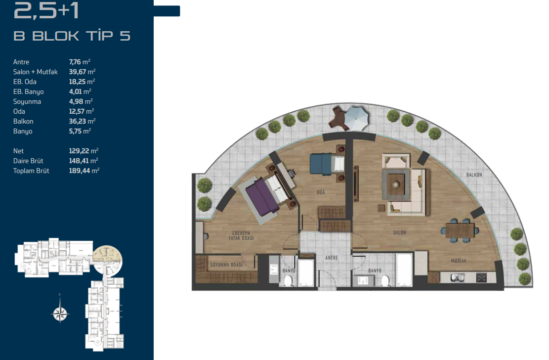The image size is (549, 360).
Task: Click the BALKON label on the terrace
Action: (x=474, y=175)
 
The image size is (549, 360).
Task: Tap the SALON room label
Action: (x=399, y=232)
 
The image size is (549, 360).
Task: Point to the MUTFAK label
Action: (x=459, y=261)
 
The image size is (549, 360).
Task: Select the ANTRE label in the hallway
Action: (x=332, y=258)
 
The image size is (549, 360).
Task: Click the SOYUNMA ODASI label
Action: (x=226, y=265)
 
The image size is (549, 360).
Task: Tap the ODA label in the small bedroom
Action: (x=321, y=192)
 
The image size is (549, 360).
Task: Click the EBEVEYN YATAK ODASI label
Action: (x=241, y=235)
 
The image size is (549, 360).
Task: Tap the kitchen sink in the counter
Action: (x=458, y=278)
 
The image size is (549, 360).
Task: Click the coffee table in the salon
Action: (x=396, y=184)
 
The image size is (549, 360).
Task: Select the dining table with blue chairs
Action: (x=460, y=230)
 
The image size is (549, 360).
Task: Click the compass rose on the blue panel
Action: (x=60, y=313)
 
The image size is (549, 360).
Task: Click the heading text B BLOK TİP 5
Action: (x=72, y=36)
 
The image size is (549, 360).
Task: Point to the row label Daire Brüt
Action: (x=28, y=161)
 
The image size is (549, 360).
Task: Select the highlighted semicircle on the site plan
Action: (x=108, y=260)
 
